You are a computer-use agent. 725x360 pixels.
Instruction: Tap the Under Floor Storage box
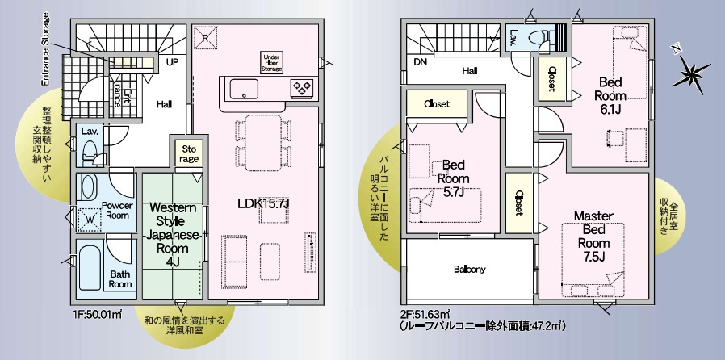point(272,63)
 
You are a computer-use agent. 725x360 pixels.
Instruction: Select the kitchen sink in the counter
point(241,89)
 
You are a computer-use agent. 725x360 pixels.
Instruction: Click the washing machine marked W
point(89,217)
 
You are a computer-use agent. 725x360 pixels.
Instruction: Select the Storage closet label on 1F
point(188,153)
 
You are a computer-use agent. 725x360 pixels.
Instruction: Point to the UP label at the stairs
point(172,61)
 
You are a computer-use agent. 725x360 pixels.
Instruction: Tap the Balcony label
point(468,270)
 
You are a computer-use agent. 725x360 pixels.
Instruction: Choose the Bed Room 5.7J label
point(452,178)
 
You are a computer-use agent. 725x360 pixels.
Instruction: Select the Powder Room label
point(118,210)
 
